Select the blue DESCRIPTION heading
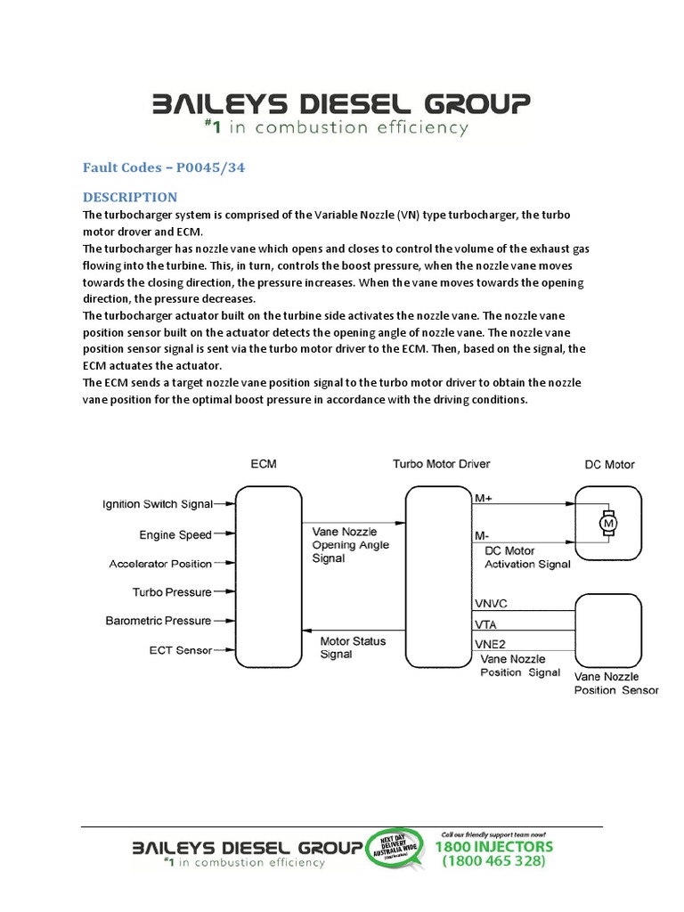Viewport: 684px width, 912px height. point(130,197)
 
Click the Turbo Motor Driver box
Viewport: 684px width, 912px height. point(437,576)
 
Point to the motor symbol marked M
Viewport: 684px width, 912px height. point(608,524)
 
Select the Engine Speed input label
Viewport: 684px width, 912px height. point(175,535)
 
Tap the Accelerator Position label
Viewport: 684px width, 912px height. point(160,564)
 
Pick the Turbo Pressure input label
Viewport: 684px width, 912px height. point(172,592)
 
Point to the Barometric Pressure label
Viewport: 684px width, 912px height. point(159,621)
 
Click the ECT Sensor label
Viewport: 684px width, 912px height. point(180,650)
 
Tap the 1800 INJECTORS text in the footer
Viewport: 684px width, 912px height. point(495,846)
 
